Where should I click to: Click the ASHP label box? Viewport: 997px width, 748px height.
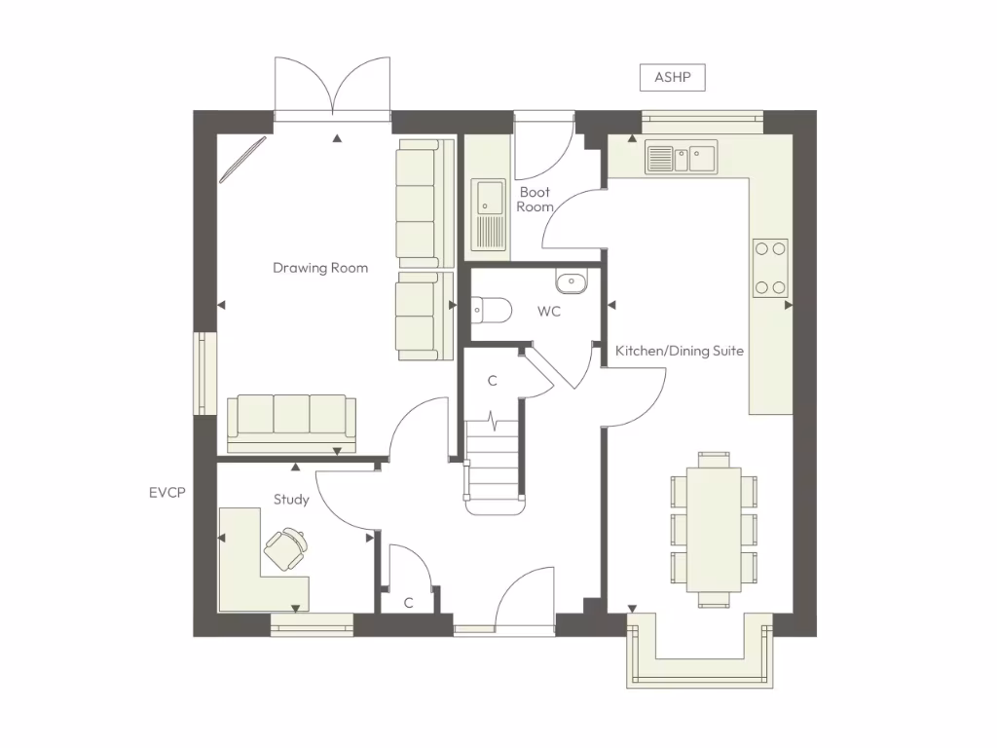pos(672,78)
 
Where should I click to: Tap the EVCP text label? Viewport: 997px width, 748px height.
pos(166,493)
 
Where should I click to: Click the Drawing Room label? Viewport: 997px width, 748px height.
pos(320,268)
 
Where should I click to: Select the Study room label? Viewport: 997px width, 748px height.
pos(291,500)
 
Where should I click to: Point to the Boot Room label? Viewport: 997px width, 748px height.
pos(535,200)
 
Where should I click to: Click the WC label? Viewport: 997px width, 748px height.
pos(549,312)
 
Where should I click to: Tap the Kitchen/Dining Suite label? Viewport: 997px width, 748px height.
pos(680,351)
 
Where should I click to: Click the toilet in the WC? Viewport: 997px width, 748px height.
pos(491,311)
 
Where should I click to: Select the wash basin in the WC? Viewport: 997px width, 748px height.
pos(572,282)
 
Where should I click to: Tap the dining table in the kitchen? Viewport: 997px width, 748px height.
pos(714,528)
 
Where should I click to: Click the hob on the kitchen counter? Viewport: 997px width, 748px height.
pos(770,267)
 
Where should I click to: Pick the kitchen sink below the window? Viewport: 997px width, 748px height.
pos(682,157)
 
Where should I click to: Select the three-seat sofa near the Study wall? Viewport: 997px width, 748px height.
pos(291,423)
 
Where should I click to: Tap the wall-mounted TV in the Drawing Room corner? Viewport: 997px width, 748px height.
pos(241,160)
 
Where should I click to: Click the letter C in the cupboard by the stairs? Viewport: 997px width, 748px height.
pos(493,381)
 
